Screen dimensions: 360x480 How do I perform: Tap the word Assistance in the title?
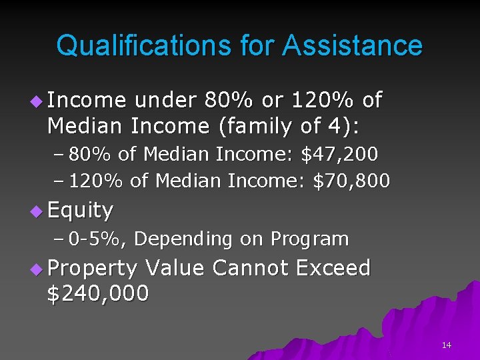point(352,46)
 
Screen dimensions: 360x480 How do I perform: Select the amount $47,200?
point(340,155)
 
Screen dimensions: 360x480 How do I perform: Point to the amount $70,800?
point(351,181)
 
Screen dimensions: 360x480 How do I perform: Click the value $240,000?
point(98,293)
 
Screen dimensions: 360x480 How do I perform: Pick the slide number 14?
point(446,345)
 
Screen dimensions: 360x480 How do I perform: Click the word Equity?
point(80,211)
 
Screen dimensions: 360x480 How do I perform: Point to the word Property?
point(92,269)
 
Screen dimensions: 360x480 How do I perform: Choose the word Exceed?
point(333,267)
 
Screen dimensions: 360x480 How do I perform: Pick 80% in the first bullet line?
point(229,100)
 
